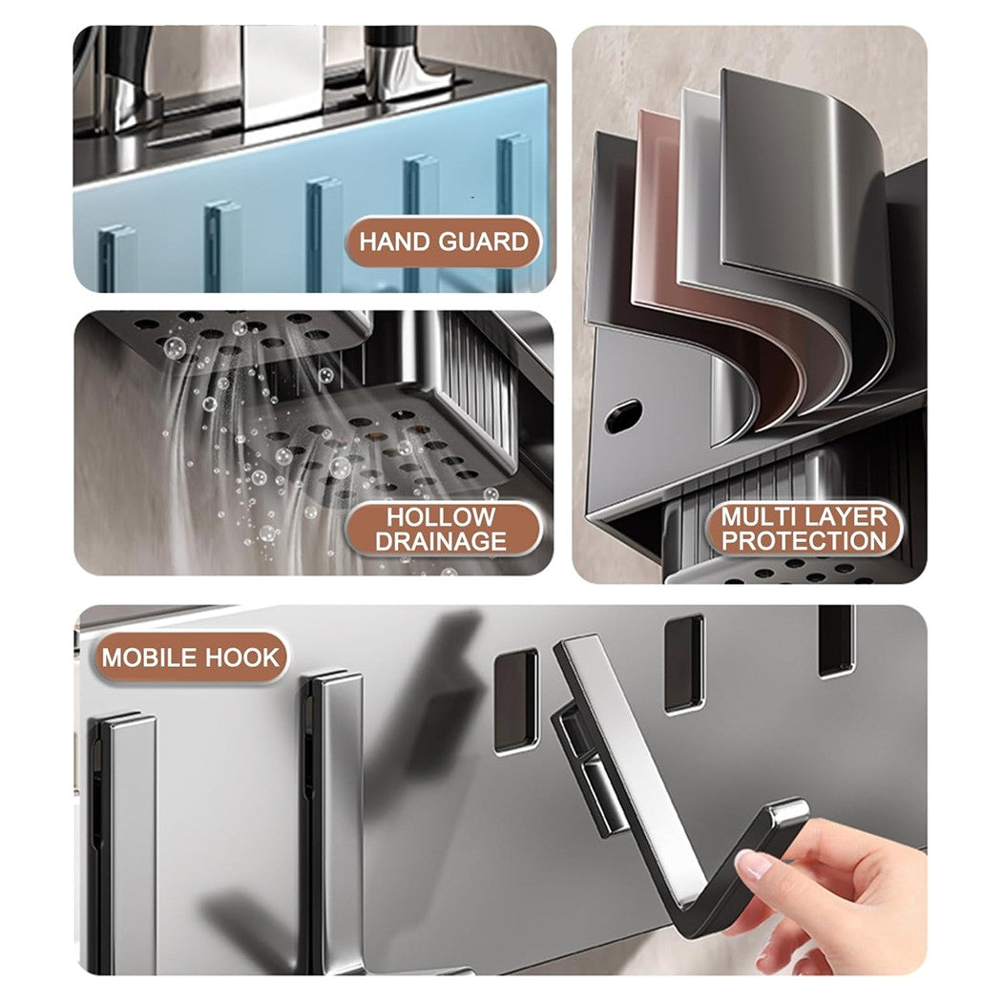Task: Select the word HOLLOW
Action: pyautogui.click(x=440, y=518)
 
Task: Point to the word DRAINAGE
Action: pyautogui.click(x=440, y=542)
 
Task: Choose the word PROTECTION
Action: pyautogui.click(x=804, y=541)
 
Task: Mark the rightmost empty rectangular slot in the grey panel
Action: pyautogui.click(x=836, y=639)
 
